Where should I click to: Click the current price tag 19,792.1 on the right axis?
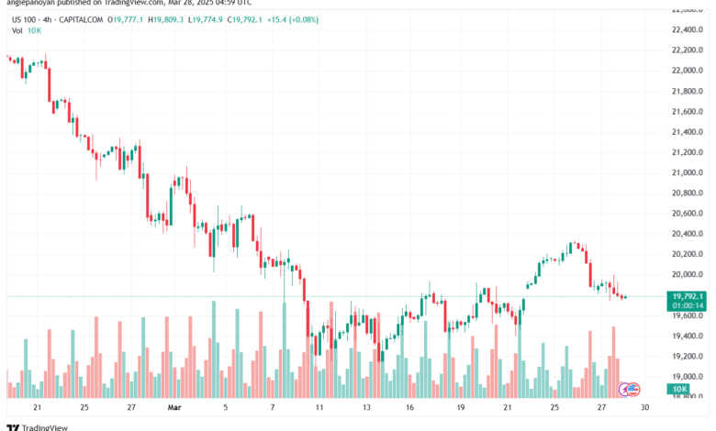688,296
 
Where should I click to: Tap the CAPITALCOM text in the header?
80,18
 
